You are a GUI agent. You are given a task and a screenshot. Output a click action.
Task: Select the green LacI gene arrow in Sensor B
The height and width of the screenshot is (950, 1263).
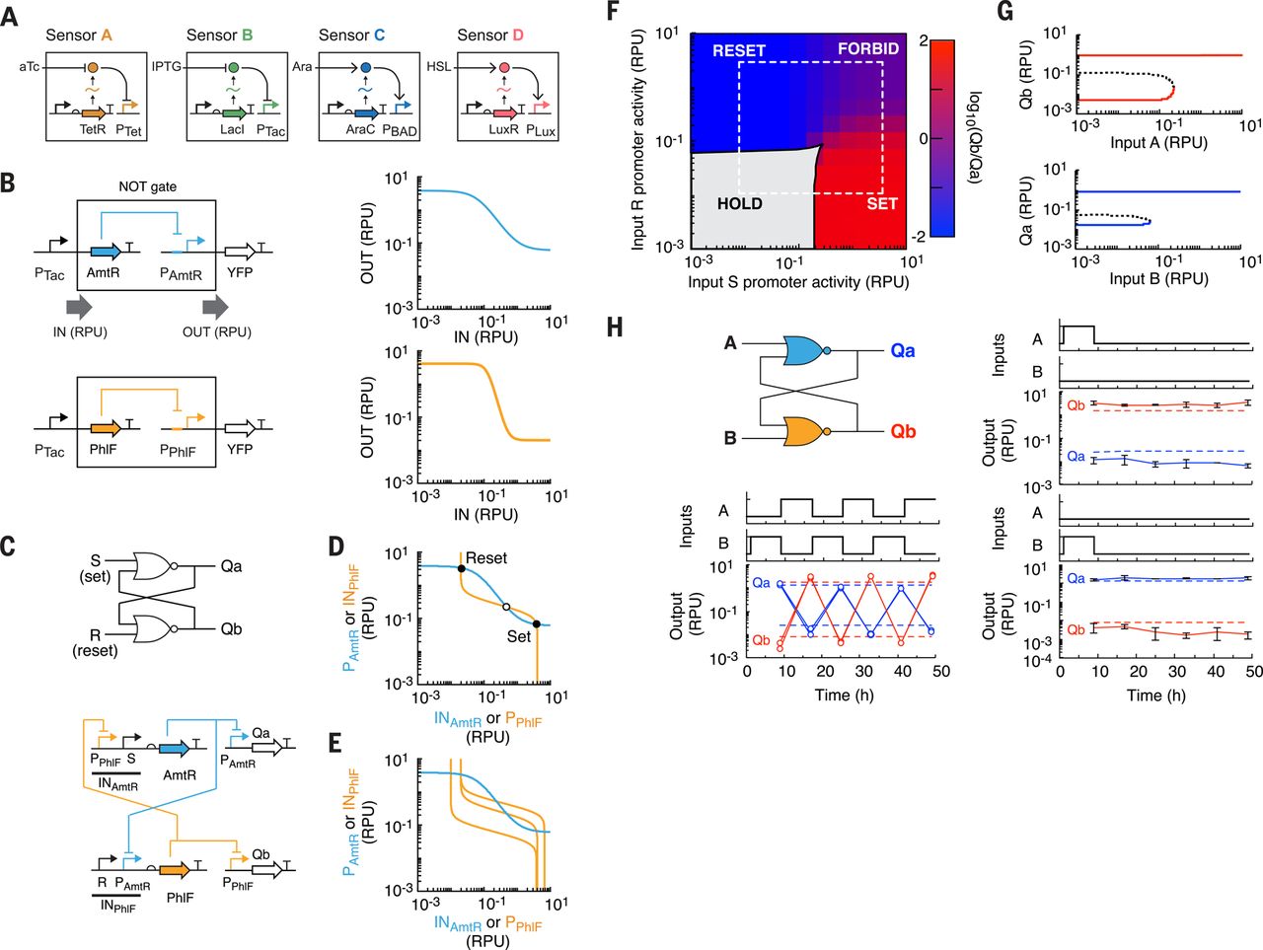(234, 113)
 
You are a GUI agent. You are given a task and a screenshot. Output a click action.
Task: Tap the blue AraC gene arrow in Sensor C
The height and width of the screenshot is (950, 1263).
(366, 113)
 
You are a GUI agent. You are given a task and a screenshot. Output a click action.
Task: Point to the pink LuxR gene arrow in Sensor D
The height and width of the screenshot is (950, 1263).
(504, 113)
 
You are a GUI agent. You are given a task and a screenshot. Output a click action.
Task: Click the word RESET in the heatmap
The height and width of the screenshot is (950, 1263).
(739, 50)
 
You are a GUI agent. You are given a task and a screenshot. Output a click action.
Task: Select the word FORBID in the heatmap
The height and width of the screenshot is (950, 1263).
(868, 49)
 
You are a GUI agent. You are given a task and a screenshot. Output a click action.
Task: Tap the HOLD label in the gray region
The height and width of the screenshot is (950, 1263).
(739, 203)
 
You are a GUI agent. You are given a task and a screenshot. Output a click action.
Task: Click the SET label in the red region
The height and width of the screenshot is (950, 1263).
(882, 203)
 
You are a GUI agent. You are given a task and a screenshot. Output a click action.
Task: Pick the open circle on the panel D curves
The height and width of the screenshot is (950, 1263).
(506, 607)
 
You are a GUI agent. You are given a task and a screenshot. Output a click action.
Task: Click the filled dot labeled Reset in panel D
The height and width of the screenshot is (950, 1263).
(461, 569)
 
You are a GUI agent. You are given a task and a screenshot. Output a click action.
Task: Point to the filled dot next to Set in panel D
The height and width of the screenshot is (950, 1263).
(536, 623)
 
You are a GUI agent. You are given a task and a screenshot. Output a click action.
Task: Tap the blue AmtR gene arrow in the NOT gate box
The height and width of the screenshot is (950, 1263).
(107, 252)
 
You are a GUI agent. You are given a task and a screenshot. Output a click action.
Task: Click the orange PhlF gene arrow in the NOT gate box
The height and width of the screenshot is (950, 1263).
(107, 428)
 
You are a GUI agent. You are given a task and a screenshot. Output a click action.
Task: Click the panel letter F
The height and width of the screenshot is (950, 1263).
(615, 12)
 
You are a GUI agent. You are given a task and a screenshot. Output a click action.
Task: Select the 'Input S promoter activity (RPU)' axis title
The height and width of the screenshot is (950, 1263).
(798, 282)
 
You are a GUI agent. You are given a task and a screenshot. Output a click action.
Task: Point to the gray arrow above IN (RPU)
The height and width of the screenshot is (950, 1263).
(79, 308)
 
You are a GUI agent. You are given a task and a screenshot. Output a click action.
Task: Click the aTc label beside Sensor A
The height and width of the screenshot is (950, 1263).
(29, 67)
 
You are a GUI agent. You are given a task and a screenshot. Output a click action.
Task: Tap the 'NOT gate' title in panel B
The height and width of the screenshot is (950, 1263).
(147, 186)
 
